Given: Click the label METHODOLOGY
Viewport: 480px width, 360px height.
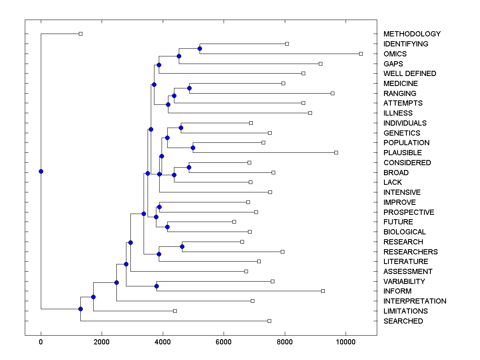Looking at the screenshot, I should point(412,34).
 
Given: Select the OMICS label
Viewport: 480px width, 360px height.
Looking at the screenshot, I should point(395,54).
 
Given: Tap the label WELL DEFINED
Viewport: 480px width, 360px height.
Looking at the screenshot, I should point(410,74).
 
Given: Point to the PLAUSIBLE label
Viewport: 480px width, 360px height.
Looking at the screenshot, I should point(402,153).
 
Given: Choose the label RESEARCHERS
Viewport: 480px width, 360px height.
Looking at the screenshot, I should point(410,252).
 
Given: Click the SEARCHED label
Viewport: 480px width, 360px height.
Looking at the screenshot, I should point(403,321).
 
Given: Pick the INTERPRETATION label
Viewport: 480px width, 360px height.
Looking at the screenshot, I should point(415,301).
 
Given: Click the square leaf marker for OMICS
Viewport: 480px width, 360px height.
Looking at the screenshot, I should point(361,54).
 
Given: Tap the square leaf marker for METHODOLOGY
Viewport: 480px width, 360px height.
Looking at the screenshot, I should point(80,34).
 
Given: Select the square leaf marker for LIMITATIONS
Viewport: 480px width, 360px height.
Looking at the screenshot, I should point(175,311).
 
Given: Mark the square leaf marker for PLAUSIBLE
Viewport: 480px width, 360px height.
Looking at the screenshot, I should point(336,152).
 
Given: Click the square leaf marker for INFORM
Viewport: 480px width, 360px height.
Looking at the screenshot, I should point(323,291).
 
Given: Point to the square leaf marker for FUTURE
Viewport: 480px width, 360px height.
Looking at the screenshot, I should point(234,222).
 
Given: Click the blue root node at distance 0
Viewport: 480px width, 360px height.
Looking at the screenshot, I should point(41,171).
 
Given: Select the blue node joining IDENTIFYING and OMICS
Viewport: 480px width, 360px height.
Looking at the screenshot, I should point(200,48).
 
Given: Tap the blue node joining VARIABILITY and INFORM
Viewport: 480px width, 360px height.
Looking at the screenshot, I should point(156,286).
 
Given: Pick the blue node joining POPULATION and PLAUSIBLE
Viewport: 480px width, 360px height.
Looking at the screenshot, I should point(193,148).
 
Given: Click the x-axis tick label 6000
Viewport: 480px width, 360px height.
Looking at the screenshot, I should point(224,342).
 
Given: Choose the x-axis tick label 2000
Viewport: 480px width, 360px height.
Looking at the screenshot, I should point(102,342).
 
